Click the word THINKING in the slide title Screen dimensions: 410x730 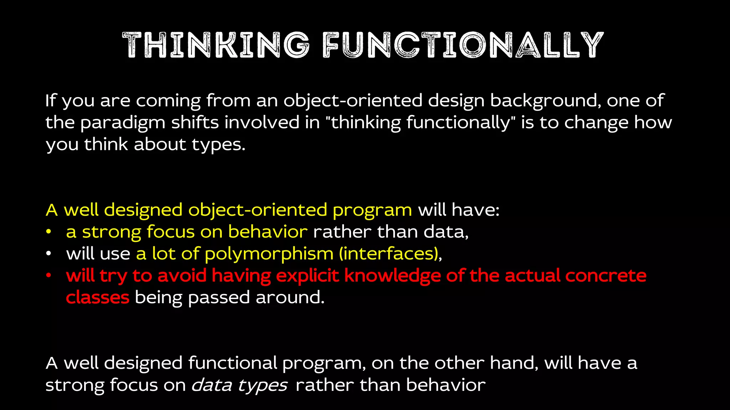pyautogui.click(x=215, y=45)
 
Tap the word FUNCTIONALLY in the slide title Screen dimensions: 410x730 pyautogui.click(x=463, y=45)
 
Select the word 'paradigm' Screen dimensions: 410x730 pyautogui.click(x=123, y=123)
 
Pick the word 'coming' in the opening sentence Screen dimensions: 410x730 pyautogui.click(x=168, y=101)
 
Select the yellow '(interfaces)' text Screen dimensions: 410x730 pyautogui.click(x=389, y=254)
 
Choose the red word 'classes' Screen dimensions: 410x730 pyautogui.click(x=97, y=298)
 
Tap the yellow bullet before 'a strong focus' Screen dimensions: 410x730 pyautogui.click(x=49, y=232)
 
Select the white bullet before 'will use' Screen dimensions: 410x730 pyautogui.click(x=49, y=254)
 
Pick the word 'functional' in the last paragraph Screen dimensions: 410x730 pyautogui.click(x=232, y=363)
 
